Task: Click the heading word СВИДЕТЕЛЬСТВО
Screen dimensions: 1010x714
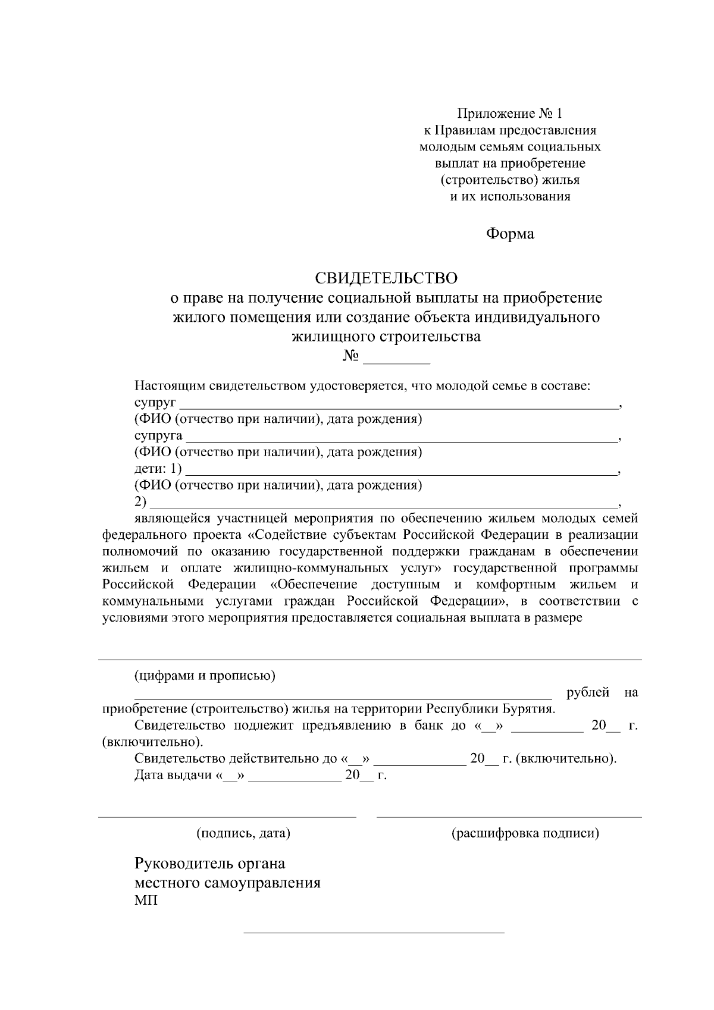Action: [x=386, y=278]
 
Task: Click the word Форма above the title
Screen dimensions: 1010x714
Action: [x=510, y=234]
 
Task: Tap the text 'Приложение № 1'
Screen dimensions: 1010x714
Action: [x=509, y=113]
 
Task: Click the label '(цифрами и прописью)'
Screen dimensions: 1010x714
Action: [x=205, y=676]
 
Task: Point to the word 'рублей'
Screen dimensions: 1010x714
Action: [x=588, y=692]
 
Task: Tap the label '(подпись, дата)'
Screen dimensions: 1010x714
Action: [x=243, y=833]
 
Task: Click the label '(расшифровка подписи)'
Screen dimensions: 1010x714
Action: [x=525, y=833]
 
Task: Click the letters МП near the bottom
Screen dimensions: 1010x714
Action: [x=146, y=901]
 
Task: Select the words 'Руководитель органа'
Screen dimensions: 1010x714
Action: [x=210, y=863]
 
